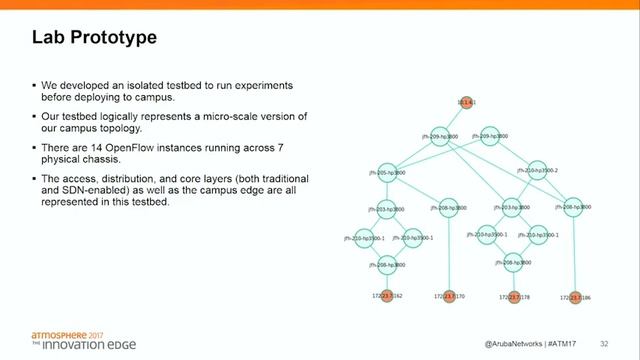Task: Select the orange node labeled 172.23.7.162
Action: pyautogui.click(x=386, y=297)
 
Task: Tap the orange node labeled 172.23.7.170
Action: pyautogui.click(x=451, y=297)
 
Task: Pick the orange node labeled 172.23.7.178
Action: pyautogui.click(x=515, y=297)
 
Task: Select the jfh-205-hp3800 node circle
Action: pyautogui.click(x=385, y=173)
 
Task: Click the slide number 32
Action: pyautogui.click(x=605, y=343)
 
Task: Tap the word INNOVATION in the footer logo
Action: pyautogui.click(x=75, y=346)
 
